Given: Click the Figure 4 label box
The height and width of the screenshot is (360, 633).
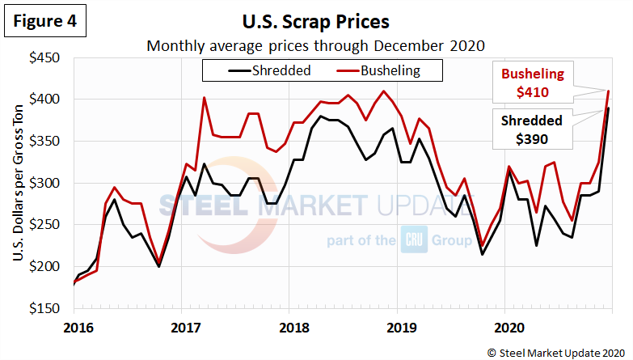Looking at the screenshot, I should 46,23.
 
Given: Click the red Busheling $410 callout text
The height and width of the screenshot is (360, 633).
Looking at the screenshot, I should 532,84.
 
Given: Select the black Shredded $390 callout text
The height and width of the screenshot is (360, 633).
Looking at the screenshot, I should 532,129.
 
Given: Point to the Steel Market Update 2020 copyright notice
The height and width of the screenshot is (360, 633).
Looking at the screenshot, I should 555,351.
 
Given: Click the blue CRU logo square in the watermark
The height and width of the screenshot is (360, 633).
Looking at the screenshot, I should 411,240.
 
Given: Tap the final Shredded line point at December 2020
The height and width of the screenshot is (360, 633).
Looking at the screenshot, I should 608,108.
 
